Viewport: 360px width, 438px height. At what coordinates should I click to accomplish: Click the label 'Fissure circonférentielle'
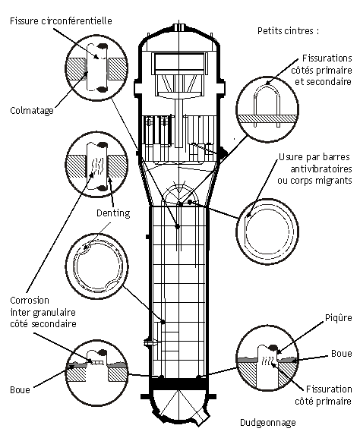pyautogui.click(x=61, y=21)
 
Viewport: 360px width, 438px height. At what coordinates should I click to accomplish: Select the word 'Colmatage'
pyautogui.click(x=32, y=111)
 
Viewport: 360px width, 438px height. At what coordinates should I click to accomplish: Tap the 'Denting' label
pyautogui.click(x=113, y=213)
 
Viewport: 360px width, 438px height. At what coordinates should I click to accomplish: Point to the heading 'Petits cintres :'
pyautogui.click(x=288, y=30)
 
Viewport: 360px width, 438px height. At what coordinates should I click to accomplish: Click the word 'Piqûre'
pyautogui.click(x=338, y=317)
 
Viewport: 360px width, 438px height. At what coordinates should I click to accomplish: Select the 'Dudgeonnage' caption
pyautogui.click(x=268, y=423)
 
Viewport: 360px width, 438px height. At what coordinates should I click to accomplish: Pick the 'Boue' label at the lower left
pyautogui.click(x=20, y=389)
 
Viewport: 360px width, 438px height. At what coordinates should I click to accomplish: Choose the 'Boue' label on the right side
pyautogui.click(x=341, y=354)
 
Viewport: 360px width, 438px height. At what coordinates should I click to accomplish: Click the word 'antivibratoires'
pyautogui.click(x=321, y=169)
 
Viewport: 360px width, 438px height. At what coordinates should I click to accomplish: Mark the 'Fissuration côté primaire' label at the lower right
pyautogui.click(x=324, y=395)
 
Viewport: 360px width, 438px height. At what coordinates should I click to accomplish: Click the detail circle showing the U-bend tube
pyautogui.click(x=267, y=109)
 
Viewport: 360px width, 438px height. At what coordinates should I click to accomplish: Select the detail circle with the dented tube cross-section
pyautogui.click(x=97, y=265)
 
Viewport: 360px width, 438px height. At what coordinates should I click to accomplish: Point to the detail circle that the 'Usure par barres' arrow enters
pyautogui.click(x=267, y=232)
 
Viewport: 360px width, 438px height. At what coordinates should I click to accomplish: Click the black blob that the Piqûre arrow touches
pyautogui.click(x=272, y=348)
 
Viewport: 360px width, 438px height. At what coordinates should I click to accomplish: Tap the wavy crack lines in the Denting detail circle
pyautogui.click(x=97, y=165)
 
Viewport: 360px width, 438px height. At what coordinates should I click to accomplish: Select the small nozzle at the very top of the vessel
pyautogui.click(x=178, y=27)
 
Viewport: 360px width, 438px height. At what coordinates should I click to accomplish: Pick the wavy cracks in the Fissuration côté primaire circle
pyautogui.click(x=266, y=361)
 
